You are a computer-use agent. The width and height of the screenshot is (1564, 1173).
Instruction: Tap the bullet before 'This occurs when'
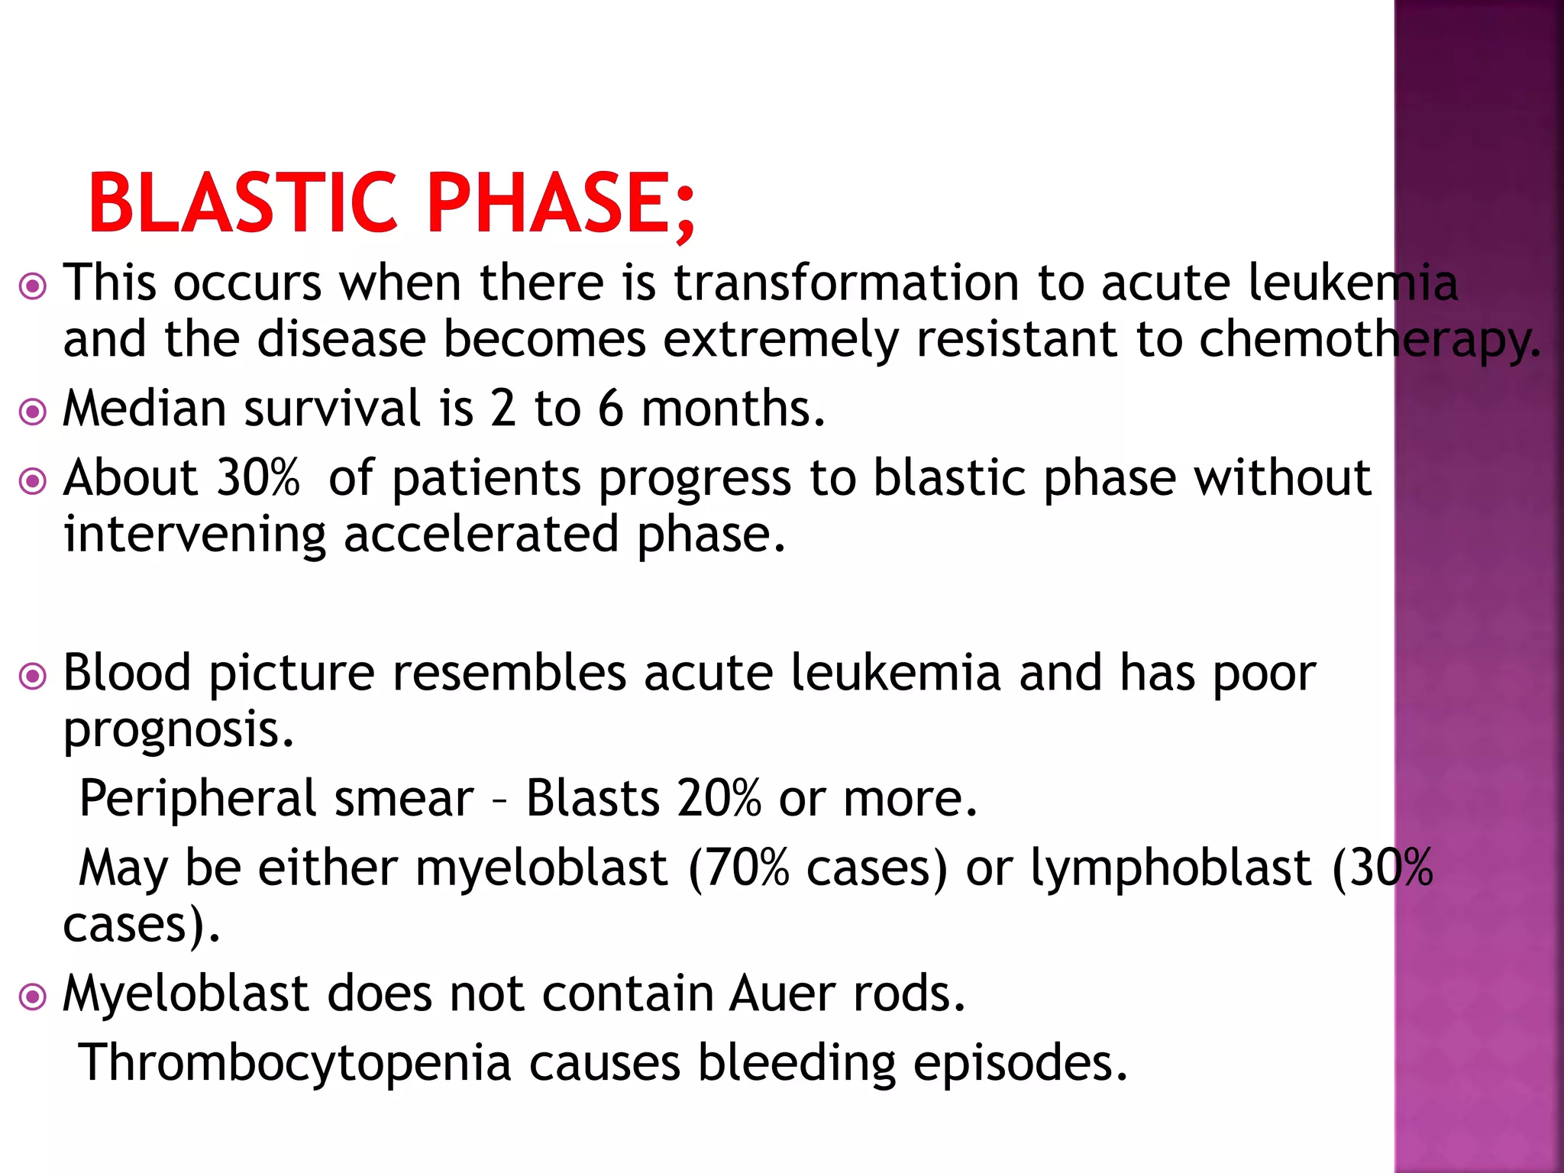pos(33,287)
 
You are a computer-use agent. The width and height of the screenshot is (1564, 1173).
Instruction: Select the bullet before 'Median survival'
pos(33,412)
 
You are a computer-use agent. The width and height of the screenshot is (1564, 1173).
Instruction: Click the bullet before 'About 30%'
pos(33,482)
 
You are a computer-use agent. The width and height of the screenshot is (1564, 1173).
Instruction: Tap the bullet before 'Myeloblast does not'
pos(33,997)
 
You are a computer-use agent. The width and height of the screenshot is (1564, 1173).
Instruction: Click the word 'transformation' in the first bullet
pos(846,283)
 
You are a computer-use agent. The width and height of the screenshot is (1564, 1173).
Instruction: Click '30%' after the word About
pos(258,479)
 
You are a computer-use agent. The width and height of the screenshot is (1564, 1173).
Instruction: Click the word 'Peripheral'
pos(198,799)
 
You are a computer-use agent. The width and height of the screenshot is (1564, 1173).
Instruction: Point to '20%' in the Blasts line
pos(719,799)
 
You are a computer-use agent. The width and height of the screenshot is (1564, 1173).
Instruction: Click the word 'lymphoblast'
pos(1171,869)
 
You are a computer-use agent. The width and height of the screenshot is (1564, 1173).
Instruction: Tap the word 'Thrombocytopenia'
pos(295,1064)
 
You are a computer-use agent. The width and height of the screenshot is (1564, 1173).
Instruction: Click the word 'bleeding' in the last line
pos(797,1064)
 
